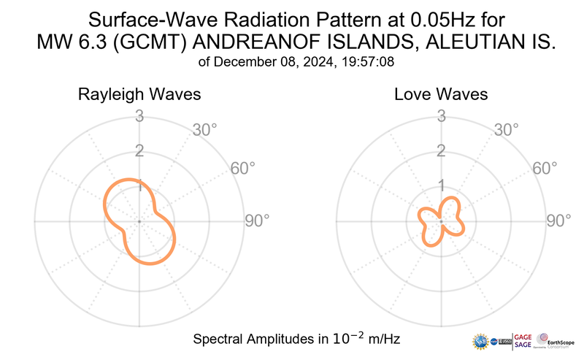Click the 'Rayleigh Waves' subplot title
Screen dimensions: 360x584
click(139, 95)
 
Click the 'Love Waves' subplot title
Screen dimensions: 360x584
click(441, 95)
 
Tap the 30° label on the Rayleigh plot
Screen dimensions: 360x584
click(204, 131)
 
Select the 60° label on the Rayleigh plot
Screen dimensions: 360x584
click(243, 169)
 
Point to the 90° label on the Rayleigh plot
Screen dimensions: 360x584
click(256, 221)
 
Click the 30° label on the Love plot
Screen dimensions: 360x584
click(507, 131)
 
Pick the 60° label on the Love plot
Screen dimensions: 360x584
click(546, 169)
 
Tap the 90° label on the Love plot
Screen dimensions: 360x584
click(559, 221)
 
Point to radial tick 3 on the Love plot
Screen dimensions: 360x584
click(441, 116)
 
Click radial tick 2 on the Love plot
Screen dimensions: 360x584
click(441, 151)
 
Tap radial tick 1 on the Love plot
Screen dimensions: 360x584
click(441, 185)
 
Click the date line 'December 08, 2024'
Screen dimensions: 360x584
click(270, 62)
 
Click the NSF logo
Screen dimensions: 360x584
click(482, 342)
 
